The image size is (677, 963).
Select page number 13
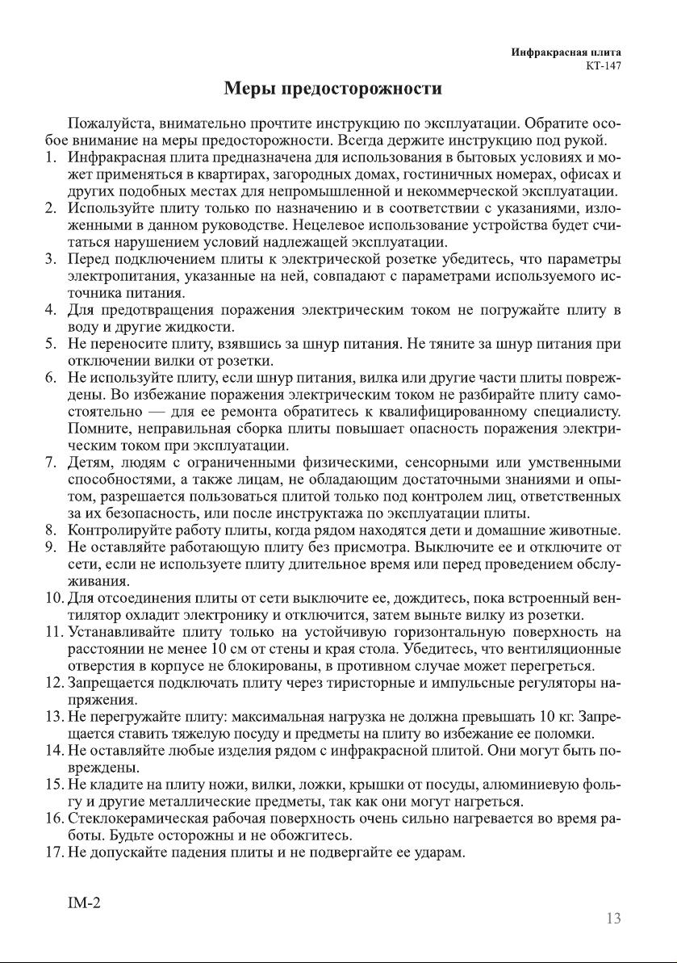pyautogui.click(x=613, y=919)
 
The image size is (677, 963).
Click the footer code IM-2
pyautogui.click(x=83, y=902)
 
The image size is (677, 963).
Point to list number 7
pyautogui.click(x=51, y=463)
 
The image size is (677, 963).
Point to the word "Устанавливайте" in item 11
pyautogui.click(x=122, y=633)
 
